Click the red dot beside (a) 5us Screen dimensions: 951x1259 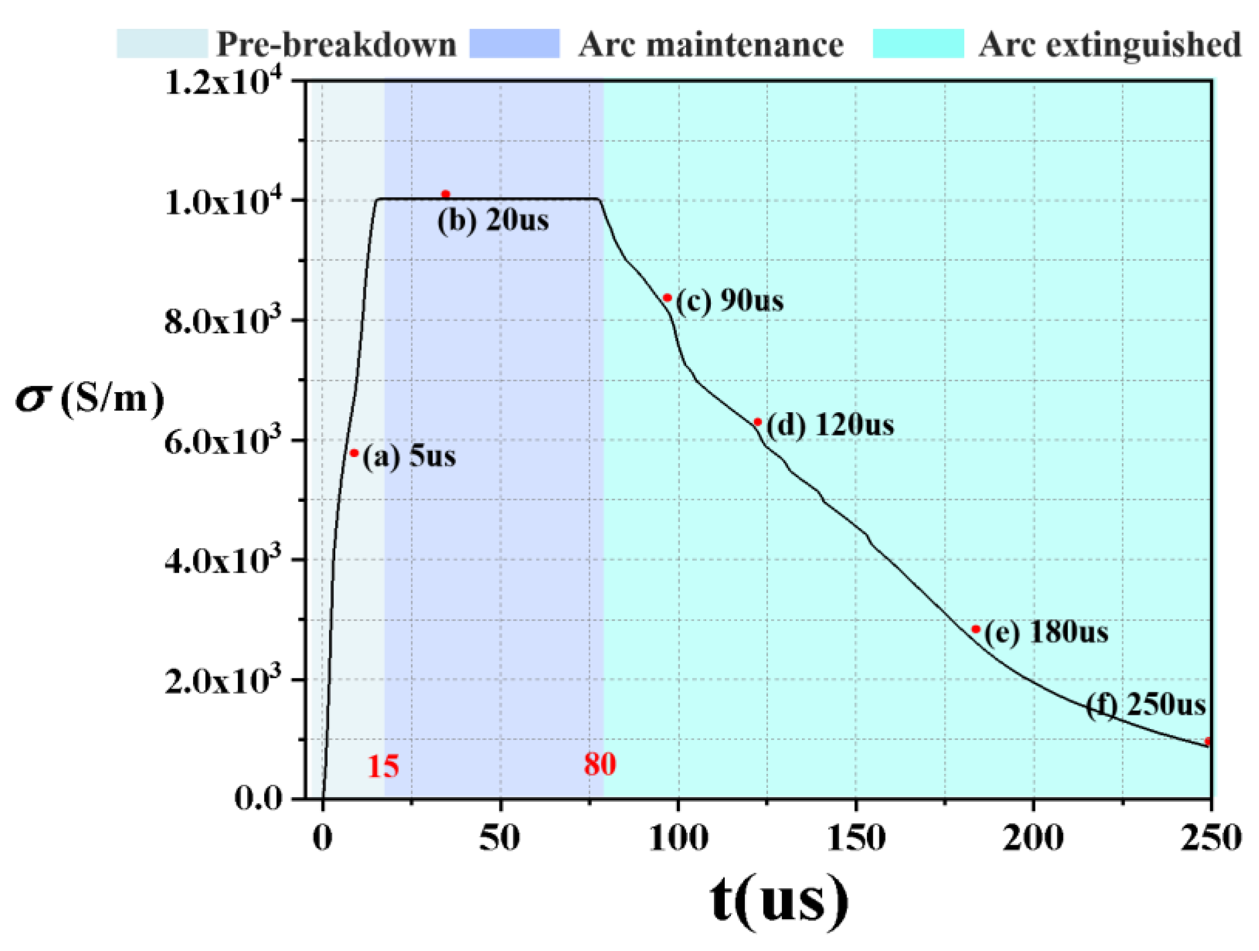click(354, 453)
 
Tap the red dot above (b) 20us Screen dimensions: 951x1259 click(446, 194)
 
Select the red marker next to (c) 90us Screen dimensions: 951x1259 click(668, 297)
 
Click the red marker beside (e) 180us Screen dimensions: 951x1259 click(975, 629)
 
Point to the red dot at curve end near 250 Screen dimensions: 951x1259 click(1208, 742)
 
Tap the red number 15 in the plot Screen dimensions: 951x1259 click(382, 767)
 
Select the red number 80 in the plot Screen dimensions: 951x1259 click(599, 764)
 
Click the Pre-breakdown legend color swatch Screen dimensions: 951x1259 click(162, 44)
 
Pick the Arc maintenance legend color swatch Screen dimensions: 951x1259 click(515, 44)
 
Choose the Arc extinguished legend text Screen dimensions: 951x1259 click(1109, 44)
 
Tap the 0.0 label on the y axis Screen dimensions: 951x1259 click(258, 800)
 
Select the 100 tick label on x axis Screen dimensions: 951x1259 click(678, 839)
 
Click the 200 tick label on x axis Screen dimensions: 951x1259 click(1033, 839)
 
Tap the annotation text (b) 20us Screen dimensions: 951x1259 click(493, 220)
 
